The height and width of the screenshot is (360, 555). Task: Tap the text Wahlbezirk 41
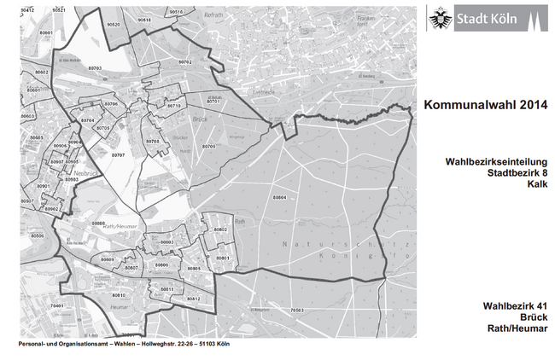[514, 305]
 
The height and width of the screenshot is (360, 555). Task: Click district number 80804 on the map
[279, 197]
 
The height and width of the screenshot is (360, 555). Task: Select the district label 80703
[94, 67]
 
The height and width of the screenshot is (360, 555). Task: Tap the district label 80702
[185, 62]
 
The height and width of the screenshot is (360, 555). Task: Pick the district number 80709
[209, 146]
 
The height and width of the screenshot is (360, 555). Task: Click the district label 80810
[119, 295]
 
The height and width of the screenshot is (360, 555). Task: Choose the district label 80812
[193, 299]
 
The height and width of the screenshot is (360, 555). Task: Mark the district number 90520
[113, 25]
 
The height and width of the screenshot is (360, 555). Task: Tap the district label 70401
[56, 305]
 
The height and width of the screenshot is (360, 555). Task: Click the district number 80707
[118, 155]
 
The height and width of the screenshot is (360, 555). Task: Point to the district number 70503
[296, 310]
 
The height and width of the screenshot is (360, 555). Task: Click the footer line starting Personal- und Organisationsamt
[124, 345]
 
